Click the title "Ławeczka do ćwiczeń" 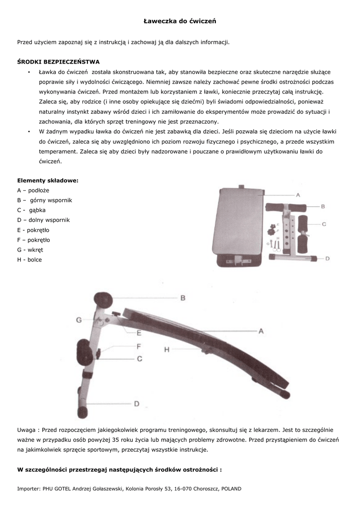[x=180, y=21]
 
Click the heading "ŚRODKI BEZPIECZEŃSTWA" [x=59, y=62]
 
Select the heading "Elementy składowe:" [x=48, y=180]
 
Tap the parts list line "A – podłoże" [x=33, y=190]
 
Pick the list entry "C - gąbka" [x=31, y=210]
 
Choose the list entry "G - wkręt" [x=30, y=250]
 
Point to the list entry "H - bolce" [x=29, y=259]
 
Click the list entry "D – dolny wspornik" [x=43, y=220]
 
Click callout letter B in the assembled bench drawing [x=182, y=298]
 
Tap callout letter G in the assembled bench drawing [x=79, y=321]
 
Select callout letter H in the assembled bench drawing [x=167, y=349]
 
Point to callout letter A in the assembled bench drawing [x=261, y=331]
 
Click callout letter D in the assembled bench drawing [x=136, y=404]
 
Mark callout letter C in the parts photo [x=324, y=224]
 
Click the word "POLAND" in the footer [x=231, y=489]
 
